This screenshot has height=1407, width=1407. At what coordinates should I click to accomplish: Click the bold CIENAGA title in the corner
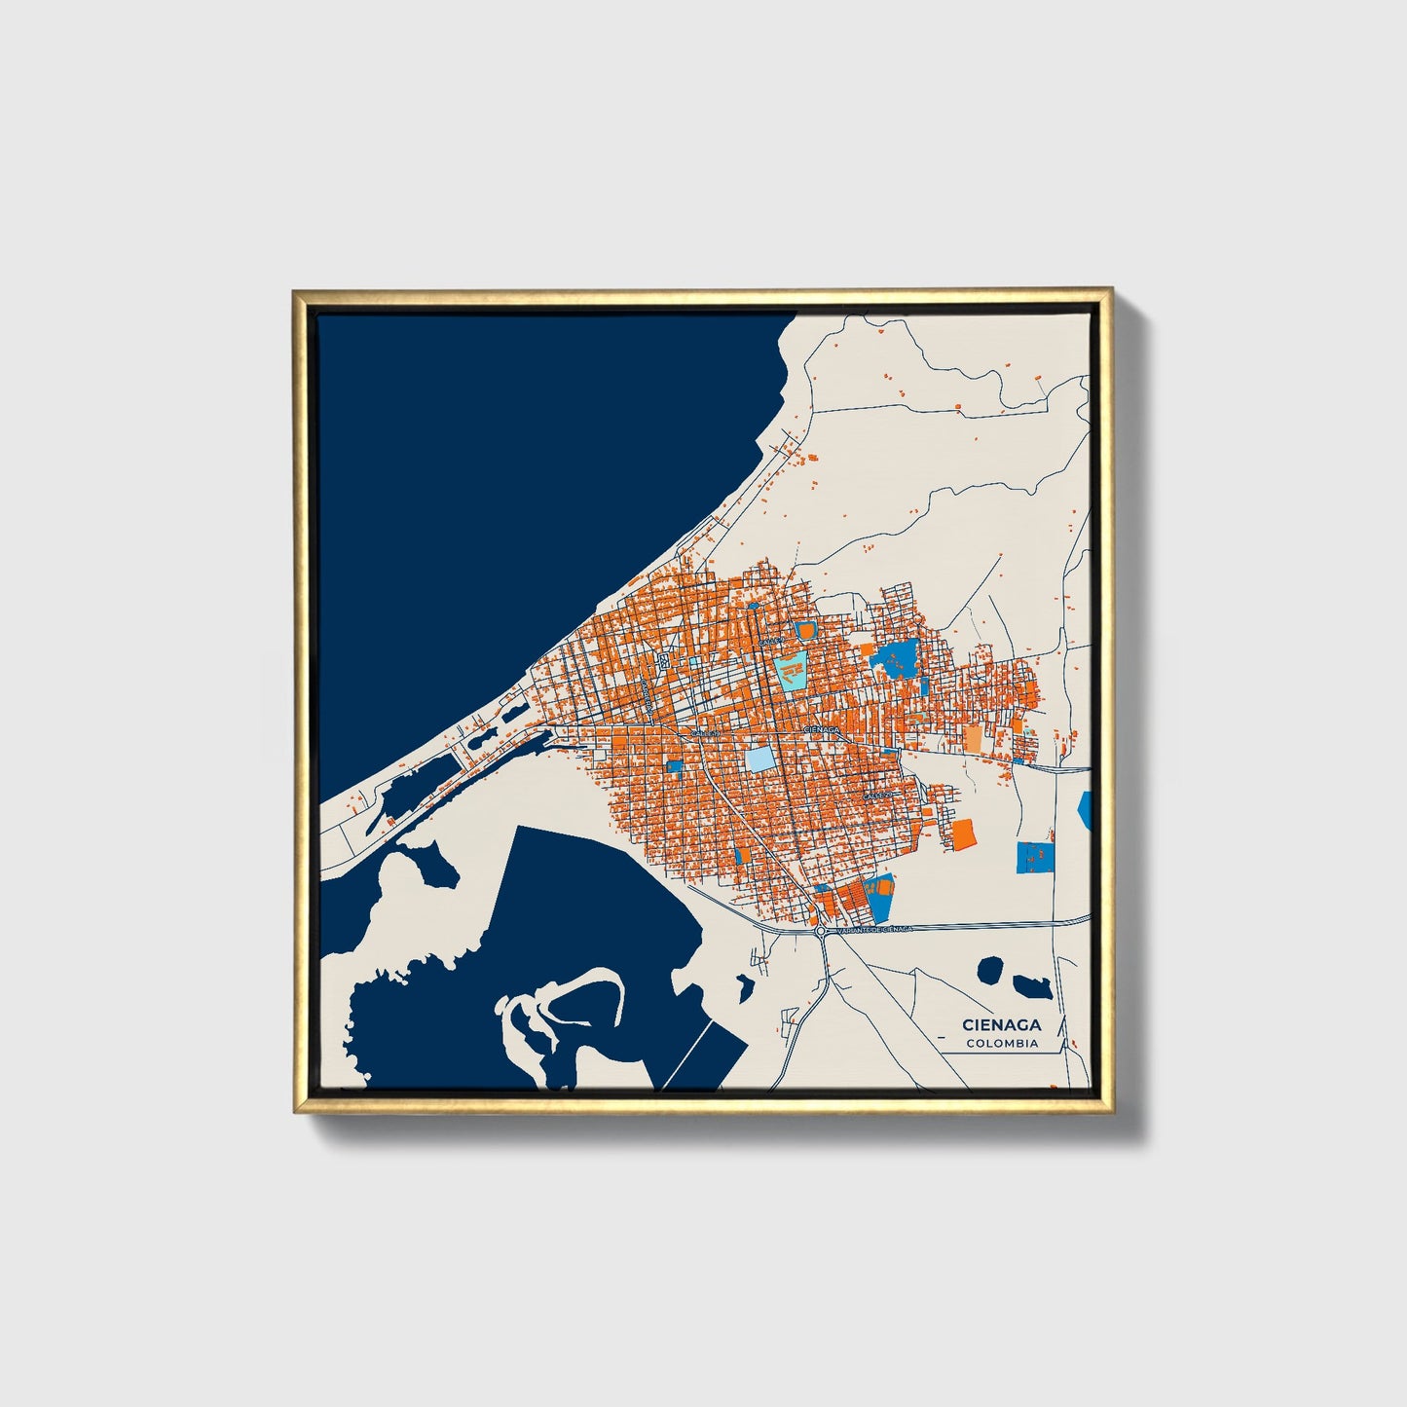tap(1002, 1024)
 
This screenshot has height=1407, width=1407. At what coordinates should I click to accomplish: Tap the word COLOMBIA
tap(1002, 1044)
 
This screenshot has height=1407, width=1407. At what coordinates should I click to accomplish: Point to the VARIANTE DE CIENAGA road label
tap(869, 930)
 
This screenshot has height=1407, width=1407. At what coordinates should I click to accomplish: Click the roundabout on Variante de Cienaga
tap(821, 931)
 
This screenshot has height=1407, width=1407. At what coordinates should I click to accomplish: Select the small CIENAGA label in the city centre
tap(821, 728)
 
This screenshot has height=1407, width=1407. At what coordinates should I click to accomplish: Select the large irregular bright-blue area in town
tap(896, 660)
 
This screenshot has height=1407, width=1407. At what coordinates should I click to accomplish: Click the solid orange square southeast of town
tap(964, 833)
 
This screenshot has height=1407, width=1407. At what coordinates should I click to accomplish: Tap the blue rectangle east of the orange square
tap(1035, 857)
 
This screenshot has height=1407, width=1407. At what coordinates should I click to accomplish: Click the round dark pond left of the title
tap(991, 970)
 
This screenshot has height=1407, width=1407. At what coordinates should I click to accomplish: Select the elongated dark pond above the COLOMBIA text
tap(1031, 986)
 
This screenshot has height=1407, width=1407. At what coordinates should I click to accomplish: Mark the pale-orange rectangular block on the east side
tap(974, 736)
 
